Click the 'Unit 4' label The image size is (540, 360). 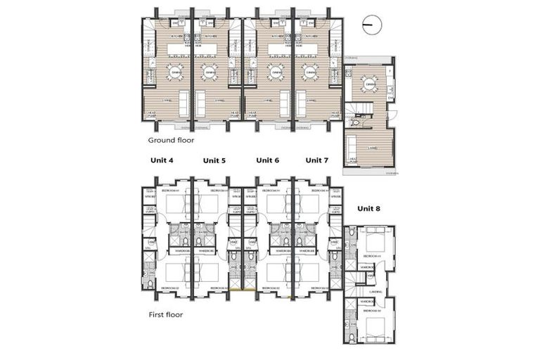162,160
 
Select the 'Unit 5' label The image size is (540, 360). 214,160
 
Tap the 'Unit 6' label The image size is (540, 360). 268,160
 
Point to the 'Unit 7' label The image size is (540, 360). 316,160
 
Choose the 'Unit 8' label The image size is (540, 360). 369,208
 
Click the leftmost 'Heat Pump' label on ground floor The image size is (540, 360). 150,115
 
